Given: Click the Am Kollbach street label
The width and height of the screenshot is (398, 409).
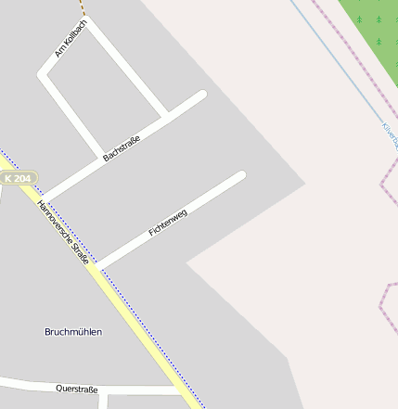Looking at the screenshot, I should coord(71,38).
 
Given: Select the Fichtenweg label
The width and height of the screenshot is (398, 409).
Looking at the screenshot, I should coord(168,224).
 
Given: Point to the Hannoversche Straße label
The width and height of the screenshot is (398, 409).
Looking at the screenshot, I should coord(63,233).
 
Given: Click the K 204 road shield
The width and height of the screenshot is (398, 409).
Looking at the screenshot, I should coord(18,178).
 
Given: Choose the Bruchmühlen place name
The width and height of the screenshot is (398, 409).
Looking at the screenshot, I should coord(73,331).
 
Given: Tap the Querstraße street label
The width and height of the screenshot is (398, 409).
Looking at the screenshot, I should coord(76,389).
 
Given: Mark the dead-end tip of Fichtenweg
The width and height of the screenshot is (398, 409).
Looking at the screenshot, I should coord(241,175).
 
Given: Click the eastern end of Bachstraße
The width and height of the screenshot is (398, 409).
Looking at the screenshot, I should coord(201,95).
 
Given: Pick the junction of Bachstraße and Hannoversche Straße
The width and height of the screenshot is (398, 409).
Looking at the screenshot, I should coord(43,198).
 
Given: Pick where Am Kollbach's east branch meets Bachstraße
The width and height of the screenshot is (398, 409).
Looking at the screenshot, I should coord(166,117).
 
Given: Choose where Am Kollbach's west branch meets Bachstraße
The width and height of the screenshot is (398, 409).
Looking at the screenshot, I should coord(100,154).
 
